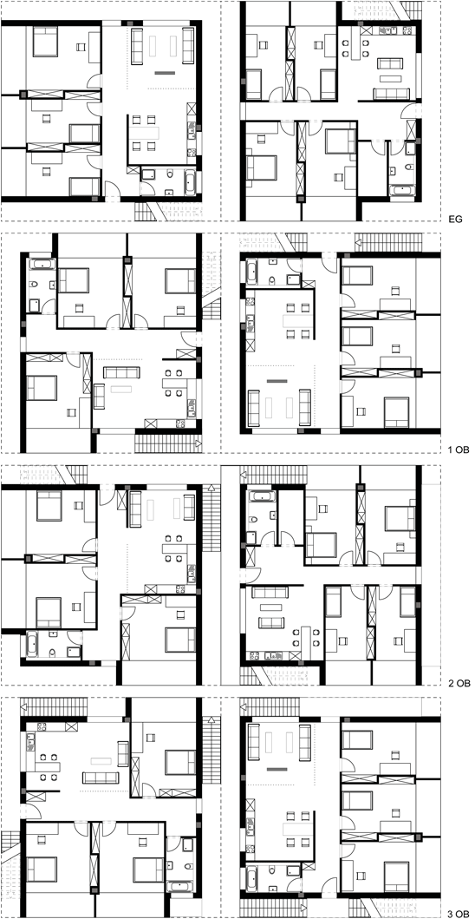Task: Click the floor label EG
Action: click(454, 220)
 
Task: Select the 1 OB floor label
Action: click(458, 451)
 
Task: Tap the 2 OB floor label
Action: click(458, 683)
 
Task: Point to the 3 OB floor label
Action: click(458, 914)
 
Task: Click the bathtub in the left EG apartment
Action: click(192, 181)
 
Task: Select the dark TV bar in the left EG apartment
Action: click(166, 73)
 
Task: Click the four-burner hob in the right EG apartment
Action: click(367, 30)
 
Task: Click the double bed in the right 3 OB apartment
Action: click(396, 875)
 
